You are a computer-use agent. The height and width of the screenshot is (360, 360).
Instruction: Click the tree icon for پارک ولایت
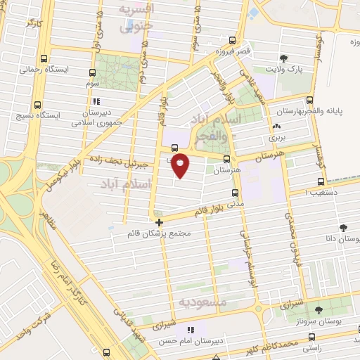click(283, 58)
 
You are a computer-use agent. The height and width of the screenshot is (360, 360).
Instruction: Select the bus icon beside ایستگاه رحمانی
click(45, 60)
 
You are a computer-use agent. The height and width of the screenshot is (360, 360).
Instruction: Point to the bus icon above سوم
click(92, 72)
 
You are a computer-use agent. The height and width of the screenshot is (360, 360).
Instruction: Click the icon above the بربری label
click(274, 127)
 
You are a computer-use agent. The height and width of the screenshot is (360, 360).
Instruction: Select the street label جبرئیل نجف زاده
click(124, 161)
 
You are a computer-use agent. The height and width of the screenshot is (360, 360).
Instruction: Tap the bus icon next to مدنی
click(234, 193)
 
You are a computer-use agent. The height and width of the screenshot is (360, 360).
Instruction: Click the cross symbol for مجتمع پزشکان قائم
click(160, 222)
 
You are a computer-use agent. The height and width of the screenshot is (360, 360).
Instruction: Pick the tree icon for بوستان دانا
click(343, 228)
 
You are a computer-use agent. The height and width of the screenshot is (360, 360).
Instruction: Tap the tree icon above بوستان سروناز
click(319, 309)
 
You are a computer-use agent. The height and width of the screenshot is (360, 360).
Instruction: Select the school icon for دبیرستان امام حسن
click(189, 330)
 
